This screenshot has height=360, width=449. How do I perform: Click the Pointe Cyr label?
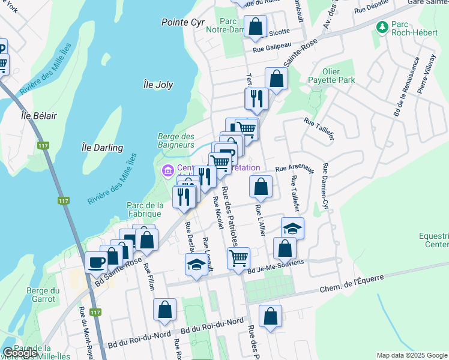183,22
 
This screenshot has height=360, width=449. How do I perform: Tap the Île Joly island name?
158,85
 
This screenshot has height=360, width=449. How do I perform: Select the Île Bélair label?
34,115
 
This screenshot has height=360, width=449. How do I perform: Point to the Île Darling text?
102,148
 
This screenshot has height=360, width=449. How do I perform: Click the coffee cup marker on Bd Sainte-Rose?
97,261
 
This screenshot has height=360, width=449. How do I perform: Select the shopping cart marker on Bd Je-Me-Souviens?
238,257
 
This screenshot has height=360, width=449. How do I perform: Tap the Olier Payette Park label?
331,75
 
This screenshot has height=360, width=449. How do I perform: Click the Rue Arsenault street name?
295,168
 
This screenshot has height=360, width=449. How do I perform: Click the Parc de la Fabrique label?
145,210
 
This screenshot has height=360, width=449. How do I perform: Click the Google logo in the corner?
20,353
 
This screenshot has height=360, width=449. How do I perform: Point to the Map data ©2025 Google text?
411,355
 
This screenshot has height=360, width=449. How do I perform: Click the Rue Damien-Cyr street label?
326,185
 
